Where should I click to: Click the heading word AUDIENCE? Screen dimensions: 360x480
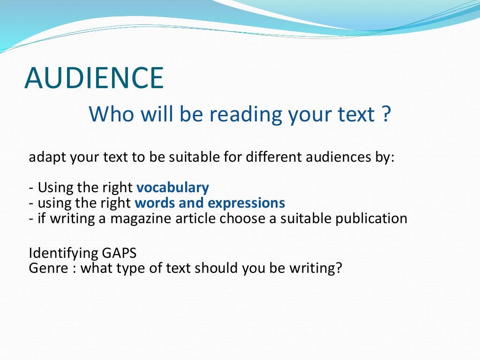tap(94, 78)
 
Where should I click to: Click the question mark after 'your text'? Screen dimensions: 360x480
tap(385, 114)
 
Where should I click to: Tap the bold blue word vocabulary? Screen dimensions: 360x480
tap(172, 188)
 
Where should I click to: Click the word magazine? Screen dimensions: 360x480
tap(140, 219)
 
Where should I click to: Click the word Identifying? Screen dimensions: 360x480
tap(63, 254)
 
